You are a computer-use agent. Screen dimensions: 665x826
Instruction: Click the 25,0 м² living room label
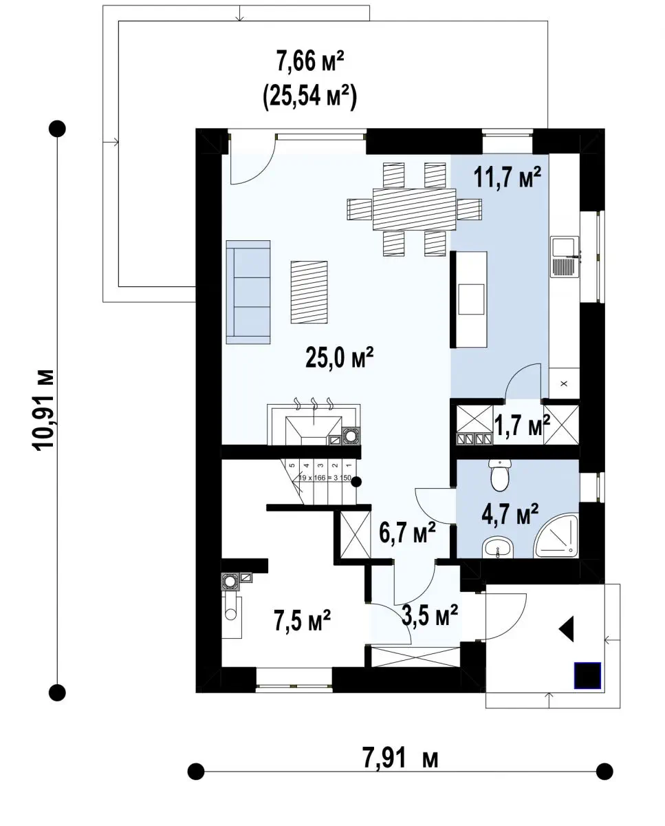coord(339,358)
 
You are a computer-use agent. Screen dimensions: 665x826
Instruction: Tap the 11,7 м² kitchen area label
coord(507,177)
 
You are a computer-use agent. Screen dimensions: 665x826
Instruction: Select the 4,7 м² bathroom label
coord(510,514)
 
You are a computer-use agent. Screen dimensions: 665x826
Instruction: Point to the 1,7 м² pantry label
coord(523,425)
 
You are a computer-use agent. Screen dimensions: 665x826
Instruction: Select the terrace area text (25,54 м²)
coord(310,96)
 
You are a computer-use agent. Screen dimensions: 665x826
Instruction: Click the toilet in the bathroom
coord(499,475)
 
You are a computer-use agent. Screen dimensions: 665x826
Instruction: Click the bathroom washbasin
coord(497,547)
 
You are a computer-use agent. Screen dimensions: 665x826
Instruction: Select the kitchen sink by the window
coord(565,257)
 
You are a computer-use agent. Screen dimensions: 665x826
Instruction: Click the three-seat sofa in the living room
coord(248,292)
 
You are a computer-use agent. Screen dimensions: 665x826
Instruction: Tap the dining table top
coord(414,209)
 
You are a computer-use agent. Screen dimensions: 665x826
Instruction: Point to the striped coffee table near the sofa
coord(309,292)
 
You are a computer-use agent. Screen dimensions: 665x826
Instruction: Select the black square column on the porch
coord(587,675)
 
